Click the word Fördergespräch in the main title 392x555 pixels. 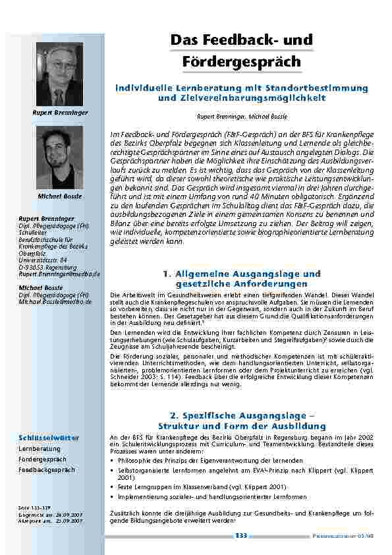point(240,62)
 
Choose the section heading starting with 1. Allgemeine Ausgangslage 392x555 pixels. point(240,277)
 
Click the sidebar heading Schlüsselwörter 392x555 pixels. point(49,438)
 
